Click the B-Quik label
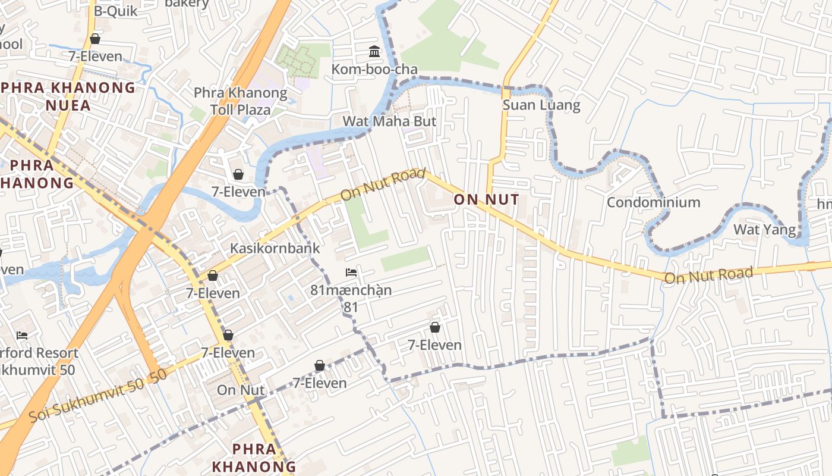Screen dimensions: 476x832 pyautogui.click(x=115, y=11)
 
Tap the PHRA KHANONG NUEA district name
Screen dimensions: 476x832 pyautogui.click(x=69, y=97)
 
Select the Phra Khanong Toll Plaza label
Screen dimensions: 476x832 pyautogui.click(x=241, y=101)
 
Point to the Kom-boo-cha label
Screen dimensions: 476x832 pyautogui.click(x=374, y=70)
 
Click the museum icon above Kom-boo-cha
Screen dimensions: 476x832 pyautogui.click(x=374, y=52)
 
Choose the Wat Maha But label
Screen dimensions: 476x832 pyautogui.click(x=389, y=121)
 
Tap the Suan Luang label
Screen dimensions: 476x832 pyautogui.click(x=541, y=105)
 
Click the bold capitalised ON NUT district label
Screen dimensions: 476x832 pyautogui.click(x=486, y=199)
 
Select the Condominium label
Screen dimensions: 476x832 pyautogui.click(x=653, y=202)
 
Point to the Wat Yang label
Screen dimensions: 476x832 pyautogui.click(x=764, y=229)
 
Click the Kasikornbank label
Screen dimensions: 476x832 pyautogui.click(x=275, y=248)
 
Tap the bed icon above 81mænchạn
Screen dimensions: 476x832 pyautogui.click(x=351, y=273)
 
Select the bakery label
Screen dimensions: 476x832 pyautogui.click(x=187, y=4)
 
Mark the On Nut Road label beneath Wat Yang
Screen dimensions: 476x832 pyautogui.click(x=708, y=275)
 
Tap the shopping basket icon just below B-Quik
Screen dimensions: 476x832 pyautogui.click(x=94, y=39)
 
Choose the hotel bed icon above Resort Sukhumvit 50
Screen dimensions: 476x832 pyautogui.click(x=22, y=336)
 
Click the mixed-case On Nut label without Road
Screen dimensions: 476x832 pyautogui.click(x=241, y=390)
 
